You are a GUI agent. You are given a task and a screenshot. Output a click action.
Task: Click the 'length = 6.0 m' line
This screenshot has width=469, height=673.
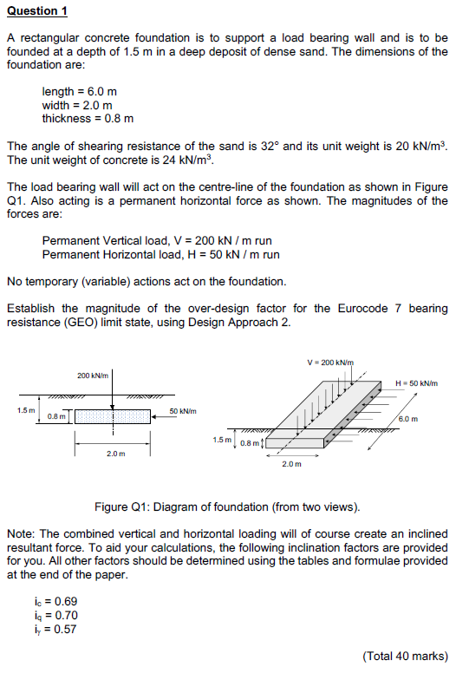coord(80,91)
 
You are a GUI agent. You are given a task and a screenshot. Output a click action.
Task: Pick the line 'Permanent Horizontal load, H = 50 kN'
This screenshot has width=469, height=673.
coord(160,254)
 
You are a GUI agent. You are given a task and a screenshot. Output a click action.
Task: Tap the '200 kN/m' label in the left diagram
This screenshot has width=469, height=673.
coord(93,376)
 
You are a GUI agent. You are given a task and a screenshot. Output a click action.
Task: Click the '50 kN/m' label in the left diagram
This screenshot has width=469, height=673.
coord(182,411)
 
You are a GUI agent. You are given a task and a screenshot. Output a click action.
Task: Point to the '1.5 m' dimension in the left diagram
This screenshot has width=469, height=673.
coord(26,409)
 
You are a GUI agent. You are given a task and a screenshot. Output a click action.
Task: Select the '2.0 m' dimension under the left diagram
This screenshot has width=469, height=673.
coord(114,454)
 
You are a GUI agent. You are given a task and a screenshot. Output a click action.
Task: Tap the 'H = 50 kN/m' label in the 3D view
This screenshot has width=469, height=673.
coord(416,383)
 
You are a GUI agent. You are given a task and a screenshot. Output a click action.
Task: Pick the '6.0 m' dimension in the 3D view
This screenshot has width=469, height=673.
coord(408,419)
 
